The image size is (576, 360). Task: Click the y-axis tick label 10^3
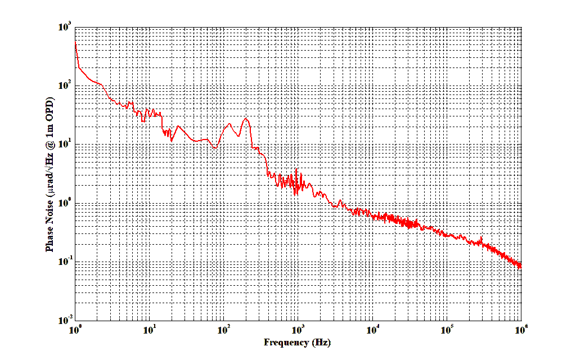click(x=63, y=27)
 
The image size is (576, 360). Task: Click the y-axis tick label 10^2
click(x=63, y=85)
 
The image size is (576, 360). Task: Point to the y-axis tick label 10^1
click(x=63, y=145)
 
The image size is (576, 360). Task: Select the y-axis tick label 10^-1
click(x=63, y=262)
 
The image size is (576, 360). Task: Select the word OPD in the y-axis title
click(x=49, y=110)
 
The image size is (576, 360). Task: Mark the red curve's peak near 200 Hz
click(x=246, y=119)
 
